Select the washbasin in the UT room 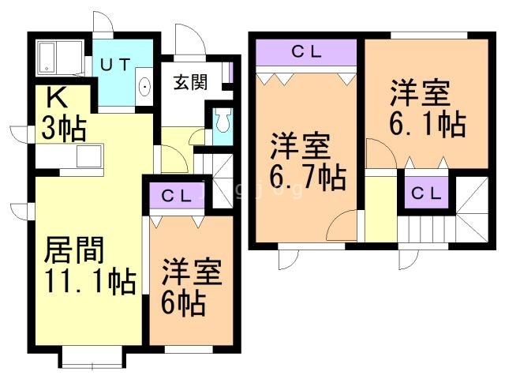[x=145, y=88]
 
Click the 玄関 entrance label [x=190, y=81]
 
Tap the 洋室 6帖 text [x=192, y=284]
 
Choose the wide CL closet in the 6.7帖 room [x=306, y=54]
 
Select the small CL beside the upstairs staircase [x=425, y=192]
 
